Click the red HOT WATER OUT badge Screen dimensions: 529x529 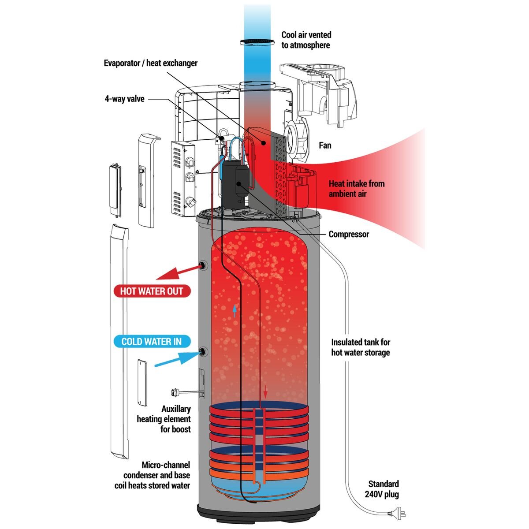pyautogui.click(x=151, y=291)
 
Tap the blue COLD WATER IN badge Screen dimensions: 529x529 pyautogui.click(x=151, y=342)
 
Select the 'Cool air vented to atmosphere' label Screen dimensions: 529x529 pyautogui.click(x=306, y=40)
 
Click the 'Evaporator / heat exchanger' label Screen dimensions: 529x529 pyautogui.click(x=151, y=63)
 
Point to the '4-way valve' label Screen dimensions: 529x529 pyautogui.click(x=124, y=99)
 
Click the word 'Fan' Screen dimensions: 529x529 pyautogui.click(x=325, y=145)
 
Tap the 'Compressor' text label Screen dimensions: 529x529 pyautogui.click(x=349, y=234)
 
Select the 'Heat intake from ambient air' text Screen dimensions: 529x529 pyautogui.click(x=356, y=189)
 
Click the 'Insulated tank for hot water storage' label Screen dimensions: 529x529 pyautogui.click(x=361, y=347)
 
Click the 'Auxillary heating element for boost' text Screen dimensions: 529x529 pyautogui.click(x=164, y=419)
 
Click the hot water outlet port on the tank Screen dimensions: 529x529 pyautogui.click(x=203, y=265)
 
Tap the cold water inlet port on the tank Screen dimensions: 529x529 pyautogui.click(x=203, y=351)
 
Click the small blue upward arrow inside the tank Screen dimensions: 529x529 pyautogui.click(x=235, y=311)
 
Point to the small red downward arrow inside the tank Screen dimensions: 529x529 pyautogui.click(x=265, y=391)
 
